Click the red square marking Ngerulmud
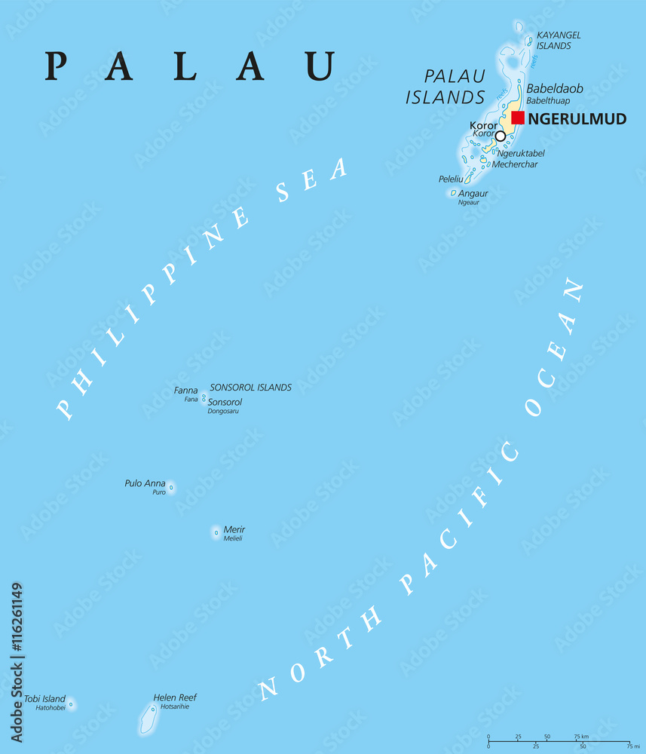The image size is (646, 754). (518, 118)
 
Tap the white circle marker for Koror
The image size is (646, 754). (500, 136)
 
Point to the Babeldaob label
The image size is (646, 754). (554, 88)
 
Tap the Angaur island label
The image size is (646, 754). (473, 193)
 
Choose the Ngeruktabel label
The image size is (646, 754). (521, 153)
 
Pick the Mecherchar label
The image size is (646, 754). (515, 164)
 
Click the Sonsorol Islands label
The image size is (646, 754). (250, 388)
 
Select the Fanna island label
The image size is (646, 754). (185, 391)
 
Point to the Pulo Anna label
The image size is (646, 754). (145, 483)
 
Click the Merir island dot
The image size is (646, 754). (216, 533)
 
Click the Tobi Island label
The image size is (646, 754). (44, 699)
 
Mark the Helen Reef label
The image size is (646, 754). (175, 697)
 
